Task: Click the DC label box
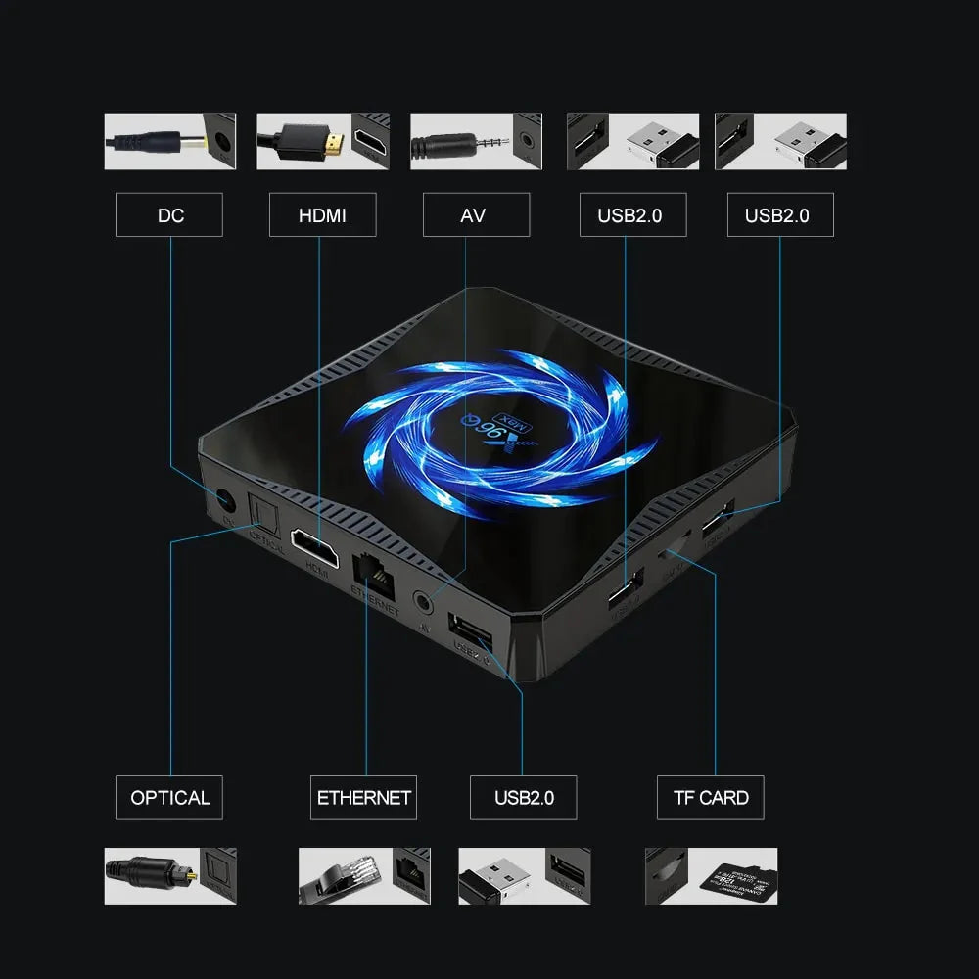[x=169, y=214]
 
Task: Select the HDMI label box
[x=322, y=214]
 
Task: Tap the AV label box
[x=476, y=214]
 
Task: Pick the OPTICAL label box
[x=169, y=798]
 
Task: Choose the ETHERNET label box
[x=363, y=798]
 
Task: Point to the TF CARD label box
[x=710, y=798]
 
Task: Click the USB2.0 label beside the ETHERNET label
[x=523, y=798]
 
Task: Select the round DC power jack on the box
[x=225, y=501]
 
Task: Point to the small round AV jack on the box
[x=424, y=600]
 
